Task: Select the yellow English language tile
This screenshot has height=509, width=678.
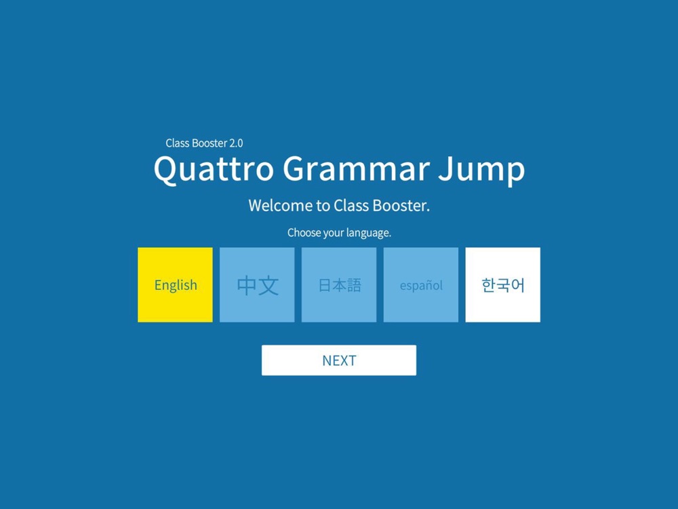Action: point(175,285)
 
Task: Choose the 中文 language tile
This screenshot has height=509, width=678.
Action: point(257,285)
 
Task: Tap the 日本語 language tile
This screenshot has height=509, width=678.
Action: point(339,285)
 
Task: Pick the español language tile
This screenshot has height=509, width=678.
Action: point(421,285)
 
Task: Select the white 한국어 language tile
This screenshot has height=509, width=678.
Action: point(503,285)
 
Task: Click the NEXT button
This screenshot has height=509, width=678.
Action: point(339,360)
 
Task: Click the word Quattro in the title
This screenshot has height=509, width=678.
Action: point(214,169)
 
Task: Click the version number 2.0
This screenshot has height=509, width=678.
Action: point(236,143)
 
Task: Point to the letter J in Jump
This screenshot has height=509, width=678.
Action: point(445,168)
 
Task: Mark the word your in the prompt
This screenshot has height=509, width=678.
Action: point(334,233)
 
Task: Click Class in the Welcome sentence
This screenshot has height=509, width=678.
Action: point(351,206)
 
